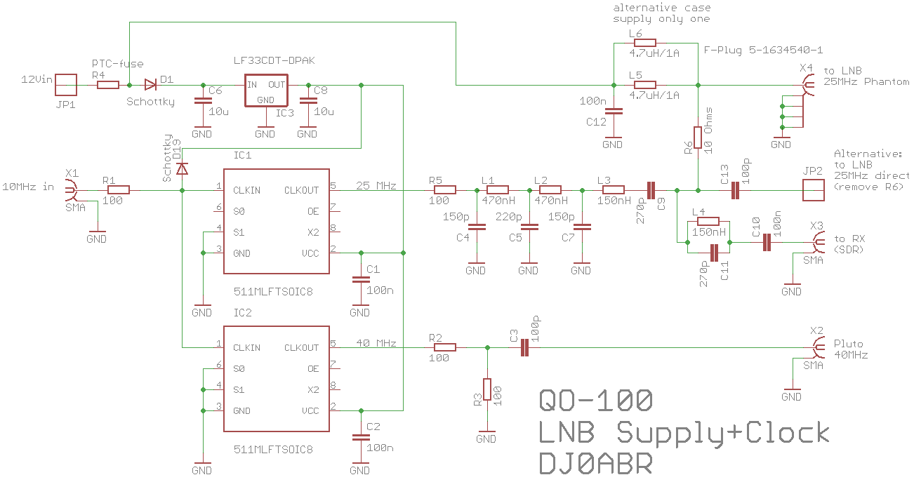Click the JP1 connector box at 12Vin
click(x=65, y=85)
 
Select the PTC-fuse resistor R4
click(x=107, y=85)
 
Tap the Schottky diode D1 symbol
click(x=150, y=85)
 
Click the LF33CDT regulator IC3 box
click(x=265, y=91)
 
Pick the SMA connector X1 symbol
click(x=71, y=189)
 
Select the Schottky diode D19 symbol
click(x=182, y=168)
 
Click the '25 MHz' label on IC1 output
click(x=378, y=186)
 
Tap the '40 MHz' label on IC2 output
click(x=378, y=344)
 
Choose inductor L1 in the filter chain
click(x=497, y=189)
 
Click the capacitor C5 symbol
click(x=529, y=227)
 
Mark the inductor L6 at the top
click(x=644, y=43)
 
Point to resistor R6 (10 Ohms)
click(x=698, y=138)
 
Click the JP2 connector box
click(x=812, y=189)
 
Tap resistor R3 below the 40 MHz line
click(x=486, y=389)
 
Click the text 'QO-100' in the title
click(x=595, y=401)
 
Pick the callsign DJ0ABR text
click(x=595, y=464)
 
